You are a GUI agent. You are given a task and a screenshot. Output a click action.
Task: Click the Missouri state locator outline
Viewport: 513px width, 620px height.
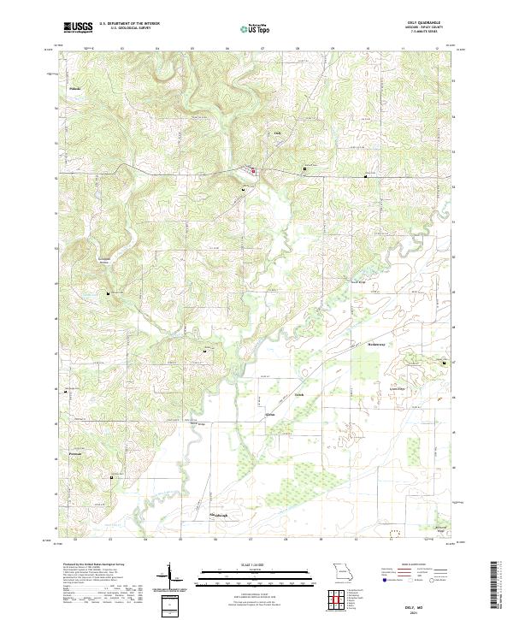(x=343, y=570)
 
